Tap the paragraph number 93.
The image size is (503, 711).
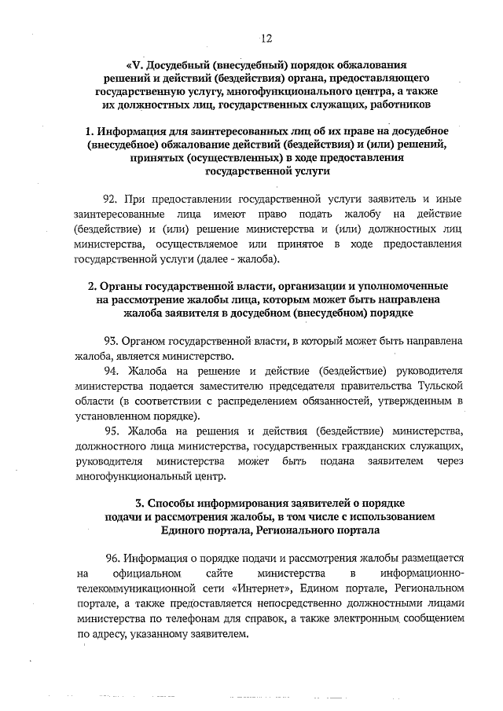click(x=111, y=341)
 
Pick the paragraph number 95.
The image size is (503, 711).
click(x=111, y=431)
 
